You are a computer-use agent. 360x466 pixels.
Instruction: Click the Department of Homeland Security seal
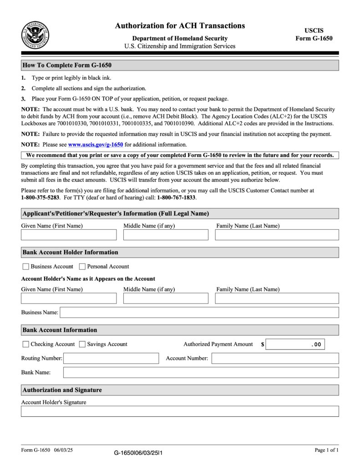click(x=35, y=35)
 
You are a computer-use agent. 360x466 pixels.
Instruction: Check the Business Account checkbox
click(x=26, y=266)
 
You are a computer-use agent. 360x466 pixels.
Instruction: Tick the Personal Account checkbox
click(x=82, y=266)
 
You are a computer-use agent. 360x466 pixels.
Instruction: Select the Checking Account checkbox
click(x=26, y=344)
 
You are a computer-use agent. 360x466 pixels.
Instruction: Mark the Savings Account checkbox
click(x=82, y=344)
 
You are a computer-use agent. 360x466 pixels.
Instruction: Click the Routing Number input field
click(x=111, y=359)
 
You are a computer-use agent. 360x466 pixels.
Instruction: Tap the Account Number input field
click(x=275, y=359)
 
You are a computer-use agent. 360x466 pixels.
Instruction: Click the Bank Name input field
click(x=201, y=372)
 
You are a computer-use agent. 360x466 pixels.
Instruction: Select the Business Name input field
click(x=199, y=312)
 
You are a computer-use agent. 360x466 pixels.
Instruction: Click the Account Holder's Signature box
click(x=180, y=411)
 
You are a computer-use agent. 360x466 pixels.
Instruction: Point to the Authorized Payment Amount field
click(x=295, y=344)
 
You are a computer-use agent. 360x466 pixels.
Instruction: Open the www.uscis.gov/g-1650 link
click(x=96, y=145)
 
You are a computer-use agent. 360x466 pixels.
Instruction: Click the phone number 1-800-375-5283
click(x=40, y=198)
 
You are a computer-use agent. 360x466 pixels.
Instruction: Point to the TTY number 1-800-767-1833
click(x=176, y=198)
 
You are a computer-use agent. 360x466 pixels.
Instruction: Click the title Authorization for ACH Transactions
click(x=180, y=26)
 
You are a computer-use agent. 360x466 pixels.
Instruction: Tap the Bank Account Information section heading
click(x=60, y=330)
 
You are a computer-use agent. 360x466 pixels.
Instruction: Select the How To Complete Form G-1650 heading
click(x=67, y=65)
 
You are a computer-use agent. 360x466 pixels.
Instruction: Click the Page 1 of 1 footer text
click(x=326, y=450)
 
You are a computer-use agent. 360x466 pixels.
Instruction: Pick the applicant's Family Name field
click(x=277, y=235)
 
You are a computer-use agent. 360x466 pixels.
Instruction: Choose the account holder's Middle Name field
click(x=166, y=298)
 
